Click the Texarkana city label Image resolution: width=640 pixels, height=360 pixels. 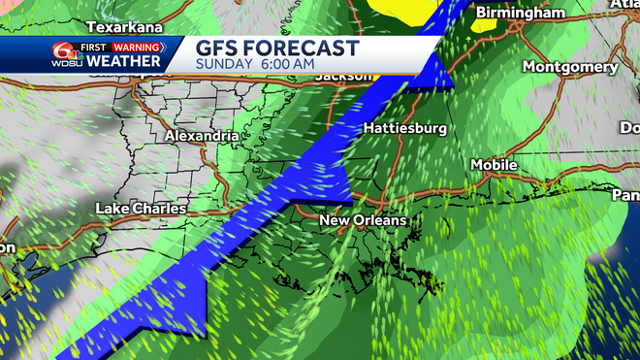pyautogui.click(x=123, y=27)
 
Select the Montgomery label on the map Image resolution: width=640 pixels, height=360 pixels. pyautogui.click(x=569, y=67)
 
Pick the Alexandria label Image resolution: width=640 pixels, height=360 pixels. pyautogui.click(x=201, y=137)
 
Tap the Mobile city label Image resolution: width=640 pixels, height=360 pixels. pyautogui.click(x=494, y=165)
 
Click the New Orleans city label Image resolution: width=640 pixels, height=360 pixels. pyautogui.click(x=364, y=222)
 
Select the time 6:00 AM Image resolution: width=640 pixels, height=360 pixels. pyautogui.click(x=286, y=64)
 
